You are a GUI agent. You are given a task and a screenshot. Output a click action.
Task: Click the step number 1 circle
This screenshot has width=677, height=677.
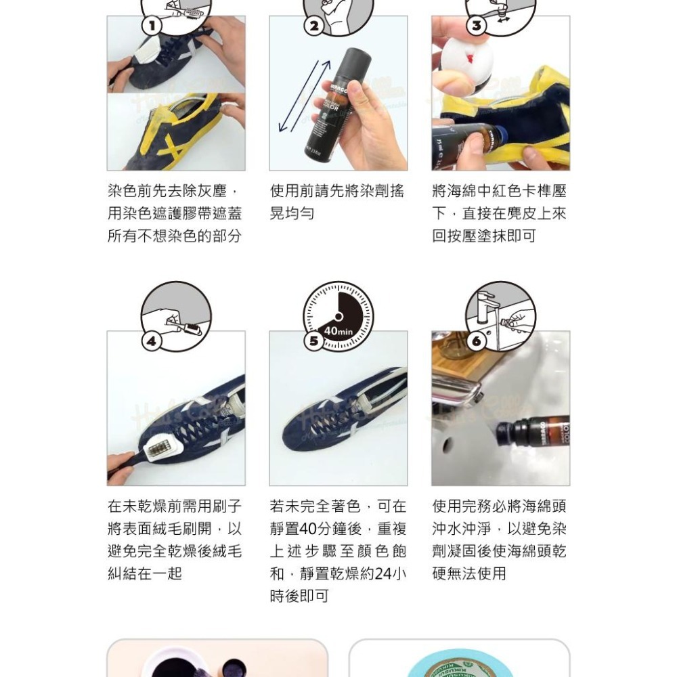point(152,26)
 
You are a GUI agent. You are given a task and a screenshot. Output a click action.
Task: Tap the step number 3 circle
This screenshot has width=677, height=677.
point(477,26)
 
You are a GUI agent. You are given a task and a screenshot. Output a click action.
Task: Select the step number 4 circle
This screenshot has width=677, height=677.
point(152,342)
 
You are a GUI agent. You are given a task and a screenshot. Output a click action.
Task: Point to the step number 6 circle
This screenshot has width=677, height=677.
point(477,342)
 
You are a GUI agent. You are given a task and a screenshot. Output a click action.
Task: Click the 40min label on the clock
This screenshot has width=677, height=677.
point(338,331)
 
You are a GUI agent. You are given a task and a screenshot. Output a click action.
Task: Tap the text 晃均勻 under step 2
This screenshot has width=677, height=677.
point(292,214)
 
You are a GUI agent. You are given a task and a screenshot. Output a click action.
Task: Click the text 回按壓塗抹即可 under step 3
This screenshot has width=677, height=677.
point(483,236)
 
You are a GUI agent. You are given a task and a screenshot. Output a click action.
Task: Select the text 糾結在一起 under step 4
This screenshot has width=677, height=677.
point(145,573)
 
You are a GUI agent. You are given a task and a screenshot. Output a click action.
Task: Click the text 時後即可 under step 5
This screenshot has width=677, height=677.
point(299,596)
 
